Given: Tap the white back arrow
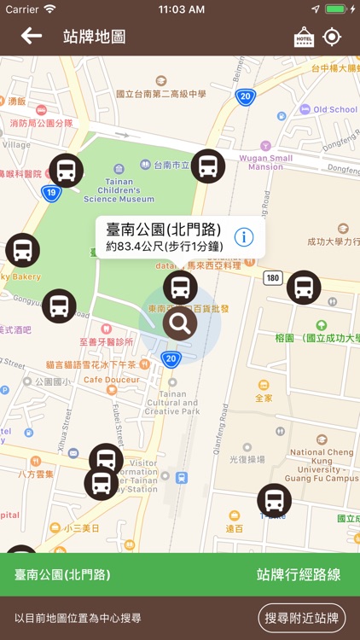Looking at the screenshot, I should tap(32, 36).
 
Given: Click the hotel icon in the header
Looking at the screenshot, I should tap(304, 37).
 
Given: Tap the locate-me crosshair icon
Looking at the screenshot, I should tap(332, 37).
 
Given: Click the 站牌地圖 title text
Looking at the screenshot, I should tap(94, 37).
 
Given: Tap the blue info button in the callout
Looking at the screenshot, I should tap(244, 236).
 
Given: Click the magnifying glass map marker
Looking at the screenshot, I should tap(180, 323).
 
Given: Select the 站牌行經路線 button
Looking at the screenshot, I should tap(298, 574).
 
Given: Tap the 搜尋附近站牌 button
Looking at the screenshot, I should tap(302, 618).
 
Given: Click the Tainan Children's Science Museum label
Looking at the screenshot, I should tap(119, 189).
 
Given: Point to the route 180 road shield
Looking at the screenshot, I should tap(272, 277).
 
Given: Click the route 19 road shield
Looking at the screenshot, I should tap(51, 193).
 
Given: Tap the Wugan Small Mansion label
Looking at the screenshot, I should tap(269, 162).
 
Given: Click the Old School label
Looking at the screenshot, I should tap(335, 110).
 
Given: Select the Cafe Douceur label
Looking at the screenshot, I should tap(111, 380).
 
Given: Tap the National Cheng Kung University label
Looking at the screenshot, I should tap(324, 466).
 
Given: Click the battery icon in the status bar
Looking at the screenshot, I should tap(335, 9).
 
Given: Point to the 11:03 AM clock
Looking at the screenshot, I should tap(180, 9).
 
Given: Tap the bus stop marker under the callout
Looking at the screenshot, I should tap(180, 288).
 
